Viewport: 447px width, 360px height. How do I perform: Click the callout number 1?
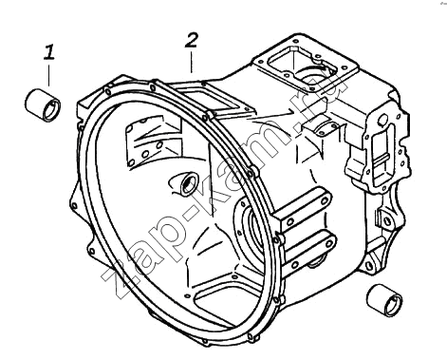[49, 52]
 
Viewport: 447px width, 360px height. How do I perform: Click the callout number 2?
[192, 41]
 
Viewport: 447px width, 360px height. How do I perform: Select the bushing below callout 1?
[43, 105]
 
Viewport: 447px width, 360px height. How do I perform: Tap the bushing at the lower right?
[384, 300]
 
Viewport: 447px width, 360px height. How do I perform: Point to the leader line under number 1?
[49, 75]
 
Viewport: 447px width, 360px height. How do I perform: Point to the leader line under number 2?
[191, 63]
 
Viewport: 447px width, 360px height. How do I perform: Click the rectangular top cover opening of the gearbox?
[307, 65]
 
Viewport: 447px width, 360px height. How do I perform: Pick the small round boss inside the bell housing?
[188, 182]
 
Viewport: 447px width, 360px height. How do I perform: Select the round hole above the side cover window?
[382, 120]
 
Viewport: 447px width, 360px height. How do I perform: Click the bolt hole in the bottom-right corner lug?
[369, 265]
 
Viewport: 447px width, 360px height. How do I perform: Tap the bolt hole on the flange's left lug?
[74, 206]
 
